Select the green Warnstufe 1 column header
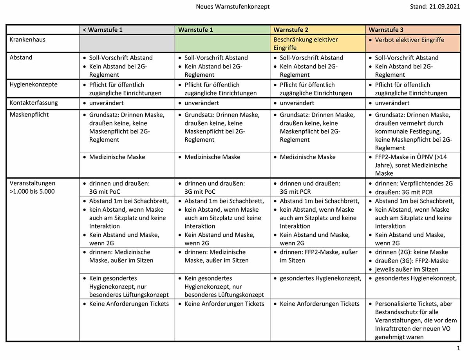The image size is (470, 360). coord(196,30)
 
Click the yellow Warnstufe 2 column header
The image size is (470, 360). coord(291,30)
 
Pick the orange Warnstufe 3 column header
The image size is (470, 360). coord(386,30)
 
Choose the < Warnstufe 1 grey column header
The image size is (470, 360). coord(103,30)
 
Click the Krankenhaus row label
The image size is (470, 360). coord(25,40)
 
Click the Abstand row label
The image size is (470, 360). coord(21,58)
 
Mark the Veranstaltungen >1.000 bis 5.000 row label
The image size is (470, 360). coord(33,187)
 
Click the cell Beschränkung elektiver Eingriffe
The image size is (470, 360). coord(305,44)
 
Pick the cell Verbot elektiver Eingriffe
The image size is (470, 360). coord(409,40)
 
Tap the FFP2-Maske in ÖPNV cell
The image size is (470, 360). coord(411,165)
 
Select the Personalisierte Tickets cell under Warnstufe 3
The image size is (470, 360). coord(414,320)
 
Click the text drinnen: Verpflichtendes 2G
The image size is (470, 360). coord(414,183)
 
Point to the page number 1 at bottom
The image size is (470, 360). coord(458,348)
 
